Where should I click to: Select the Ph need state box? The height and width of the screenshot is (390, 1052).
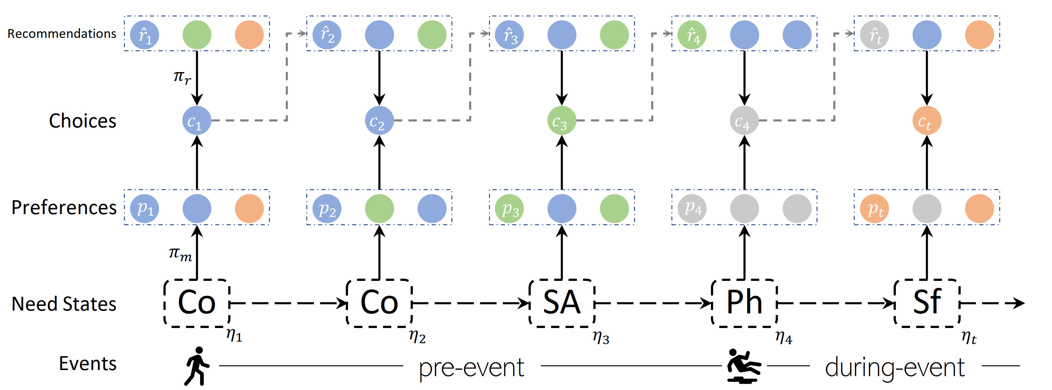(744, 303)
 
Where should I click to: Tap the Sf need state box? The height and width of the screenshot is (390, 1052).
(927, 303)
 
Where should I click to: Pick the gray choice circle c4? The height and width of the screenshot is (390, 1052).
(744, 121)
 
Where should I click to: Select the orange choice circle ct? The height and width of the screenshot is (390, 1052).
(927, 121)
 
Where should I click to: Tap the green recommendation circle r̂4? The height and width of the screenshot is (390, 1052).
(692, 35)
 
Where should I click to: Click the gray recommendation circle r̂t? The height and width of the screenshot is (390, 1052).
(874, 35)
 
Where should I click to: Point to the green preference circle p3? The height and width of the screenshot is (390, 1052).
(509, 208)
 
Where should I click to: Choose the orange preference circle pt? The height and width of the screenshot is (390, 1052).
(874, 208)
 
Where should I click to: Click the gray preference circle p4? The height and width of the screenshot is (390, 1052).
(692, 208)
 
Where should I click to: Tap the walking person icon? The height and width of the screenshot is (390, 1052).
(197, 366)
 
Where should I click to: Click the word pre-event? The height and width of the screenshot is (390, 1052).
(471, 368)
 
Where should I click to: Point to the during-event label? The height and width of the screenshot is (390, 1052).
(894, 368)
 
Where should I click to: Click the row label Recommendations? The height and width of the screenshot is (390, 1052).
(62, 34)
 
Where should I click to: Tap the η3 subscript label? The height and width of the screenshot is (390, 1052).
(601, 338)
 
